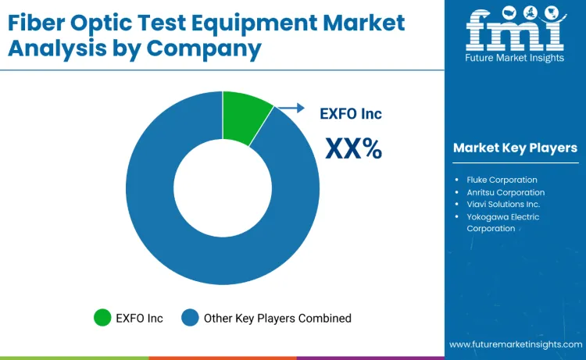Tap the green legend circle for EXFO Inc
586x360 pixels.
click(x=102, y=318)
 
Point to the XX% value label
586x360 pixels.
click(x=353, y=147)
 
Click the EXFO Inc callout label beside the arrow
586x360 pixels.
click(x=351, y=114)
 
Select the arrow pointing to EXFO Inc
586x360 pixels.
click(x=291, y=109)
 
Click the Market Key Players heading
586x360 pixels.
click(x=515, y=148)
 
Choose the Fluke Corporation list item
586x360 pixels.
click(x=502, y=180)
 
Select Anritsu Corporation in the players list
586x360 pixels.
click(x=506, y=192)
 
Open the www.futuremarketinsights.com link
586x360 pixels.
click(x=515, y=344)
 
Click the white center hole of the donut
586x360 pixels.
click(x=223, y=188)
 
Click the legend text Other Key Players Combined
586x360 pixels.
click(x=277, y=318)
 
